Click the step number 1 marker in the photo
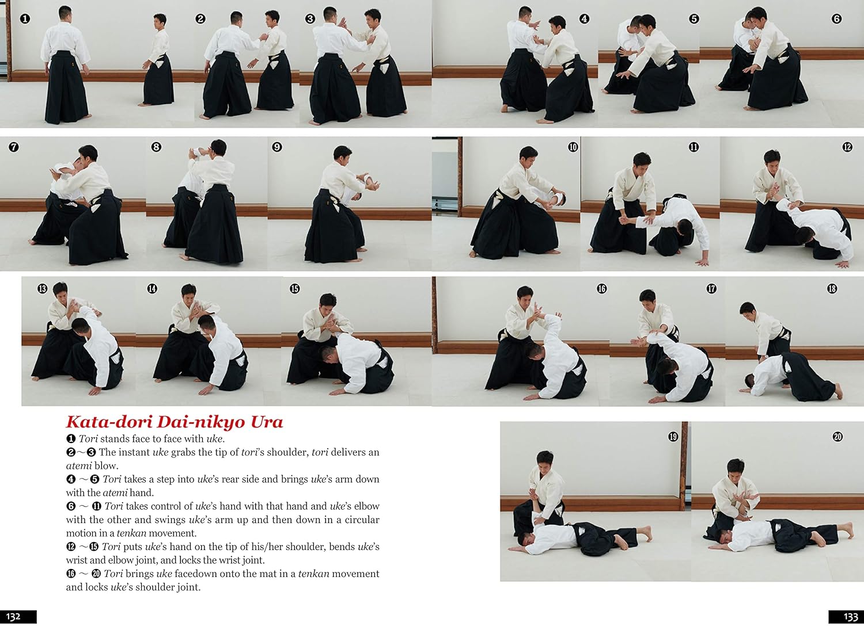point(25,18)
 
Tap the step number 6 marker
point(836,18)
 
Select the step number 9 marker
point(277,147)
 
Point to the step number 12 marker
point(847,147)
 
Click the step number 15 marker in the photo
point(295,288)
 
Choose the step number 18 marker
point(832,288)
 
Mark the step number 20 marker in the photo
point(838,437)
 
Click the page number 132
point(13,617)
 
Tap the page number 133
point(851,617)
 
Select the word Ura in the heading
point(267,422)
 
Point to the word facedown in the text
point(194,574)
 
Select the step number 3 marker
point(310,18)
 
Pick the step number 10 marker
point(573,147)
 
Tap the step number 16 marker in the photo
point(602,288)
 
